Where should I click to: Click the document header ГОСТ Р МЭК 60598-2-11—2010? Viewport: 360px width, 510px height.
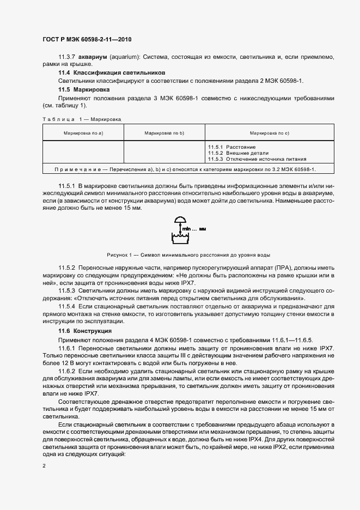pyautogui.click(x=87, y=39)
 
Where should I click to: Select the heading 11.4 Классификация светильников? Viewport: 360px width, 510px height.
pyautogui.click(x=112, y=72)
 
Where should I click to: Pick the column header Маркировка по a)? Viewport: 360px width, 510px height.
pyautogui.click(x=83, y=133)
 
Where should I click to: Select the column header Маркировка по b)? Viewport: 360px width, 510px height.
pyautogui.click(x=164, y=133)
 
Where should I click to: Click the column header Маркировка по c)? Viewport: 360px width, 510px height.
pyautogui.click(x=269, y=133)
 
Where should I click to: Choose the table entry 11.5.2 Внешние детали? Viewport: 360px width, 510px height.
pyautogui.click(x=239, y=153)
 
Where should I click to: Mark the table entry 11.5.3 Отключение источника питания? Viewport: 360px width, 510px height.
pyautogui.click(x=257, y=159)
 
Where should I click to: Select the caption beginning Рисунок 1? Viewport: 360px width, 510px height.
pyautogui.click(x=180, y=255)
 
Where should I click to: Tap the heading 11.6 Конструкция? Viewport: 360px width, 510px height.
pyautogui.click(x=85, y=331)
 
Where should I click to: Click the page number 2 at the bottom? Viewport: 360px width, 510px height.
pyautogui.click(x=44, y=466)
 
